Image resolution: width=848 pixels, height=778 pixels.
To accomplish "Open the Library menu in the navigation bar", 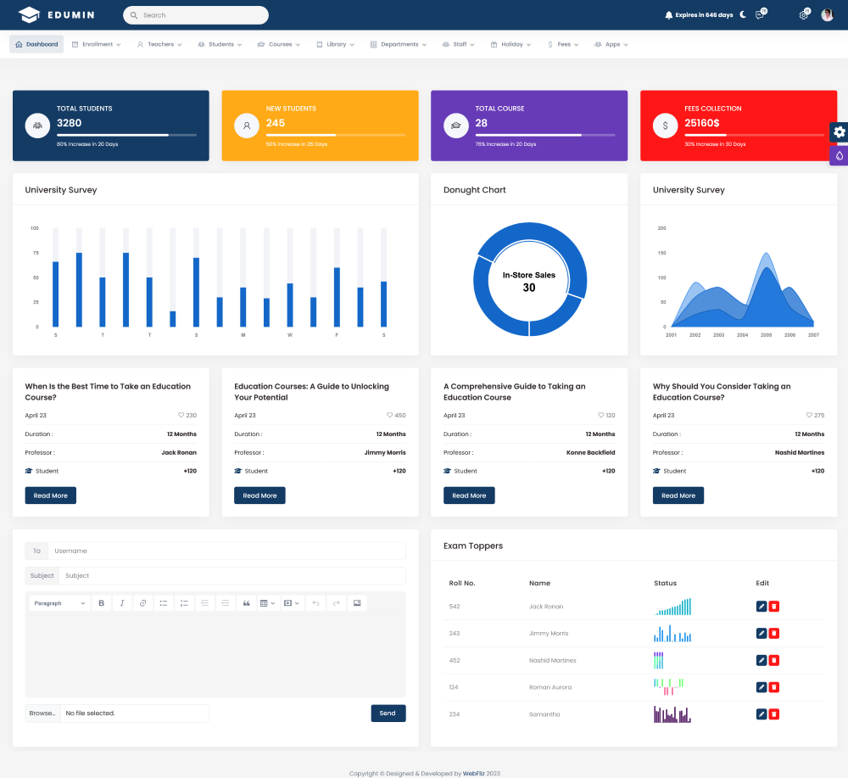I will click(x=336, y=44).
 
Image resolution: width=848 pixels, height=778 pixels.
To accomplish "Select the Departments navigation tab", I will click(x=399, y=44).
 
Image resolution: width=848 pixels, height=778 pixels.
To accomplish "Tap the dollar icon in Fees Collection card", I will click(x=665, y=126).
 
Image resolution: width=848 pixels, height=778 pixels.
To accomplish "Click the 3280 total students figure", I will click(x=70, y=123).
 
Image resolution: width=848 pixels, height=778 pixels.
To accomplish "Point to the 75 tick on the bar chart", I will click(x=35, y=253).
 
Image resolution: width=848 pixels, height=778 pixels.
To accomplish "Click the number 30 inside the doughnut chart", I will click(x=529, y=288).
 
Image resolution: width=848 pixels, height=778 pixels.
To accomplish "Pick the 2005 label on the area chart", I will click(x=766, y=335).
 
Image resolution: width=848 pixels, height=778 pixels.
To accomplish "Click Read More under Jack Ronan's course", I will click(x=51, y=495).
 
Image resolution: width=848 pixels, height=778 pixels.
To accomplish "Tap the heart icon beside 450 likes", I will click(x=389, y=416).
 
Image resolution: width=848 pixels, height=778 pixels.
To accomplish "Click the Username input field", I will click(x=226, y=551).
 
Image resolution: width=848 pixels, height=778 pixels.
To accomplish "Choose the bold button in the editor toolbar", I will click(x=102, y=603).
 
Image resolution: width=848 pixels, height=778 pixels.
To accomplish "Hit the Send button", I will click(x=388, y=714).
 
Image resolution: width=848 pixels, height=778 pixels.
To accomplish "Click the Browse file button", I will click(x=42, y=714).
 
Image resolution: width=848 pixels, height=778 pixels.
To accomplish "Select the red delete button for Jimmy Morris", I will click(x=774, y=634).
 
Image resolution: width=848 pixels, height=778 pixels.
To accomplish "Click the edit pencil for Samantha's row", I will click(x=762, y=714).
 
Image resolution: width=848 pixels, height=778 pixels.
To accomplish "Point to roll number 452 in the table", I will click(x=455, y=661).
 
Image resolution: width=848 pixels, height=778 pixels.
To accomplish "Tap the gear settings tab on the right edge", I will click(x=839, y=132).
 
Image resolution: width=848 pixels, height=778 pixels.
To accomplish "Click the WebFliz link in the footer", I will click(x=474, y=773).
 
